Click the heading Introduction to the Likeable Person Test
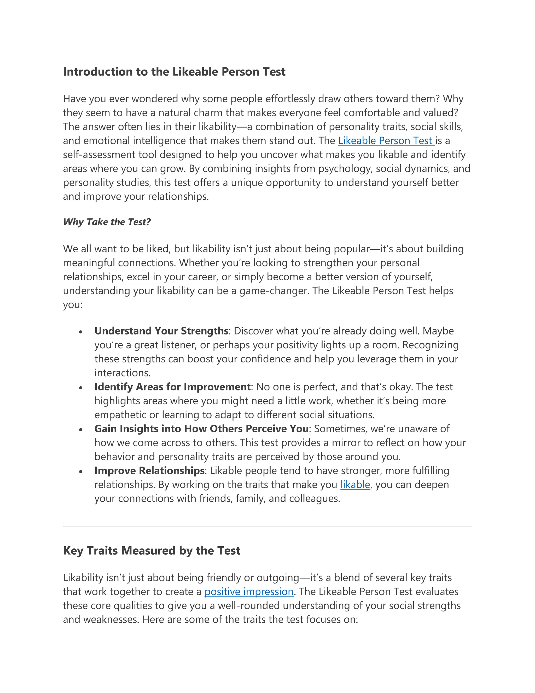pyautogui.click(x=174, y=72)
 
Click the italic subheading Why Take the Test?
pyautogui.click(x=107, y=222)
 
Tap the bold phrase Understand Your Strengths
pyautogui.click(x=161, y=331)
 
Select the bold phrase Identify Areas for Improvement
pyautogui.click(x=172, y=387)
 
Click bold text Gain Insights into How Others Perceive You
pyautogui.click(x=201, y=429)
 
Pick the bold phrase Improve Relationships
pyautogui.click(x=149, y=470)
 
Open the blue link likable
pyautogui.click(x=355, y=485)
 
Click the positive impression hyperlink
pyautogui.click(x=249, y=592)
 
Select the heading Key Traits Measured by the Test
pyautogui.click(x=152, y=550)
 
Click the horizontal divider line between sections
pyautogui.click(x=267, y=526)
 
